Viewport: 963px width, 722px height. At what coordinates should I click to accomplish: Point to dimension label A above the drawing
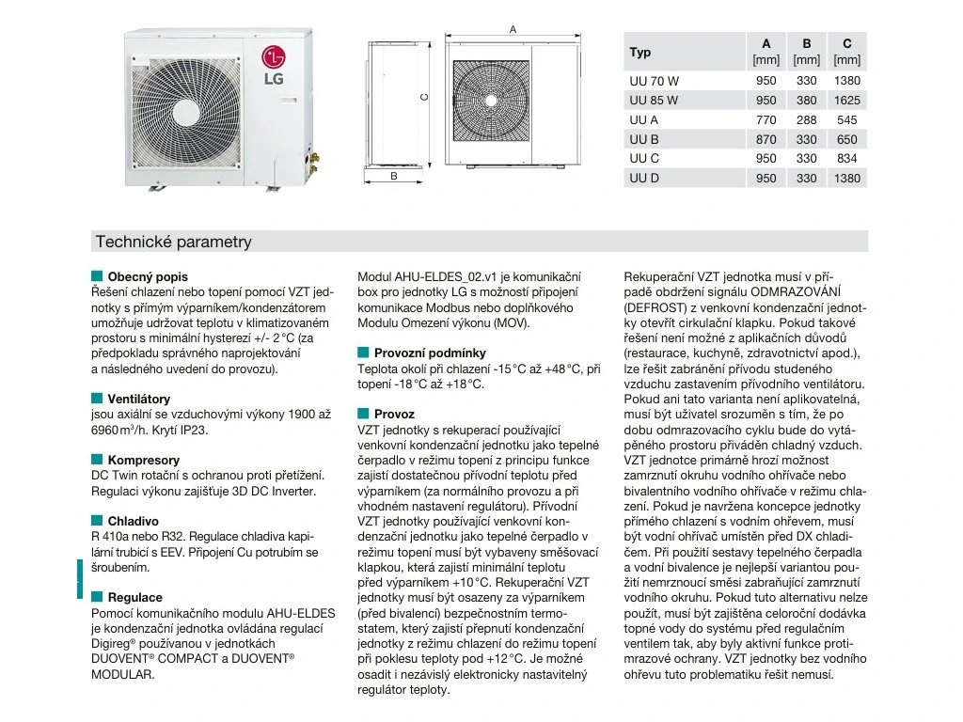pos(513,29)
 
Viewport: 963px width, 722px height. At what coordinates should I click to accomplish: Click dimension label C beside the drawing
pos(424,96)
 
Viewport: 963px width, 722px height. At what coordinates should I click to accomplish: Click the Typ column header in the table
pos(640,53)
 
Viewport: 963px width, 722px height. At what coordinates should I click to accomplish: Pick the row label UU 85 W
pos(653,100)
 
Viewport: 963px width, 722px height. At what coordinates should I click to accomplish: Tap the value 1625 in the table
pos(846,100)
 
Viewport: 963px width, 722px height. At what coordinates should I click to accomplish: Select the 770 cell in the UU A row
pos(766,119)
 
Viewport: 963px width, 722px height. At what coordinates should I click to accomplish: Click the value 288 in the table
pos(806,119)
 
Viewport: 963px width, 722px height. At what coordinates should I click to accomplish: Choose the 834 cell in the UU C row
pos(846,159)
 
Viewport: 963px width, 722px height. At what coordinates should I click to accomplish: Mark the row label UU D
pos(644,179)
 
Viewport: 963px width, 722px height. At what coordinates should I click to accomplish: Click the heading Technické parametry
pos(173,242)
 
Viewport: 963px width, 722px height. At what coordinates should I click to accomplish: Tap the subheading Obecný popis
pos(148,277)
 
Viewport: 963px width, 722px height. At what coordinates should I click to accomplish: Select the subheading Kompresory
pos(143,460)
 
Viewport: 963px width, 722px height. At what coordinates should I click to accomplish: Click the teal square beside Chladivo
pos(97,521)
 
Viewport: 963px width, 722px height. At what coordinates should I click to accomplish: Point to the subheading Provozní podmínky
pos(430,353)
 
